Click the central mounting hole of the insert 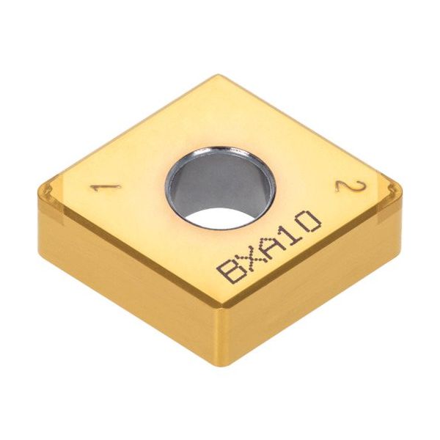pyautogui.click(x=221, y=187)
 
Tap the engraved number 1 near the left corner pyautogui.click(x=105, y=188)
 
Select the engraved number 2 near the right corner pyautogui.click(x=351, y=186)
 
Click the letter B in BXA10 pyautogui.click(x=231, y=271)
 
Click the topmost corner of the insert pyautogui.click(x=219, y=75)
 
